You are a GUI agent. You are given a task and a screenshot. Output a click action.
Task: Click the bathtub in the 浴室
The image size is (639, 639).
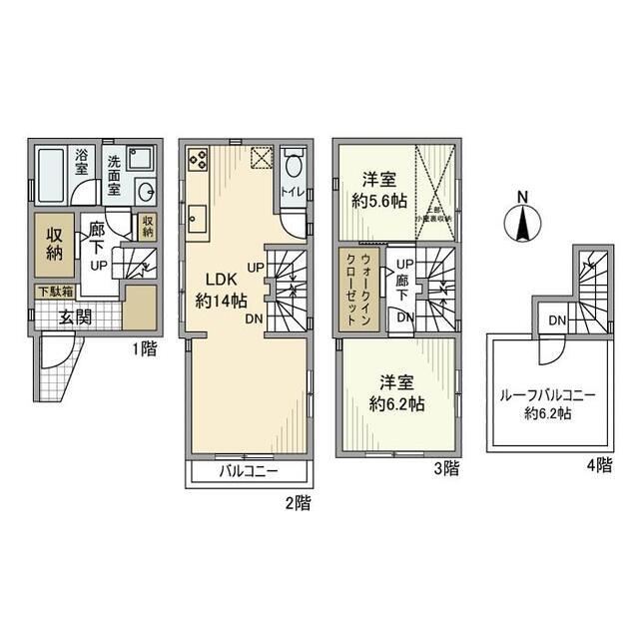click(x=51, y=173)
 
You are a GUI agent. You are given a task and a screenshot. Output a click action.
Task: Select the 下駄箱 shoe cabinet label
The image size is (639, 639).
click(x=55, y=292)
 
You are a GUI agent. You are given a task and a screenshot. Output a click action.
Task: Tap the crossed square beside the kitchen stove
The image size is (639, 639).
click(x=261, y=158)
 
